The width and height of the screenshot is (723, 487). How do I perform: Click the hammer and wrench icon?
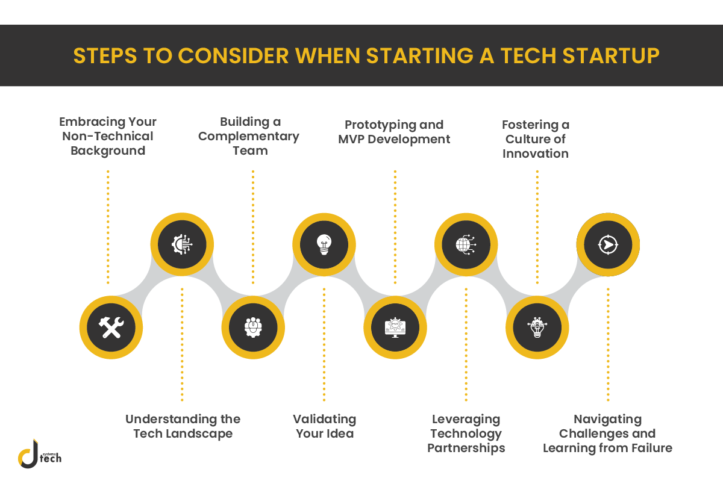(111, 327)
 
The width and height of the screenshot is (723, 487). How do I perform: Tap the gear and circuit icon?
(182, 244)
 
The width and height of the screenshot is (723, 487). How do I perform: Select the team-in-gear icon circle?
(253, 327)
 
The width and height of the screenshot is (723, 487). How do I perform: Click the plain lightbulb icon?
(324, 244)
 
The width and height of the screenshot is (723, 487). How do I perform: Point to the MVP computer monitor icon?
(395, 327)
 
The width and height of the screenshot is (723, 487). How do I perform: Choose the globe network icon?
(466, 244)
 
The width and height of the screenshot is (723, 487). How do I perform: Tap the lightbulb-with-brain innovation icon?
(537, 327)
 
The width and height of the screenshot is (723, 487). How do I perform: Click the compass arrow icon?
(608, 244)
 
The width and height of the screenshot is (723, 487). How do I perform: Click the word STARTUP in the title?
(611, 56)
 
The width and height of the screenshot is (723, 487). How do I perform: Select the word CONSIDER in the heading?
(233, 56)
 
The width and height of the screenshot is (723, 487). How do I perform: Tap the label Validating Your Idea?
(324, 426)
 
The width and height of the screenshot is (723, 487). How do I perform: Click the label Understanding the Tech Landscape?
(183, 426)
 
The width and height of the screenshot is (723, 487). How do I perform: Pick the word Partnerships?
(466, 448)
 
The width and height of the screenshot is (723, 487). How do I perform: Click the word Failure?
(652, 448)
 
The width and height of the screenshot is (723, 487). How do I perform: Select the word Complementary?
(248, 137)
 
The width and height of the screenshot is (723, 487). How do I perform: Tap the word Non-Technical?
(107, 136)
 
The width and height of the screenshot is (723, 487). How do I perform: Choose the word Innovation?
(536, 154)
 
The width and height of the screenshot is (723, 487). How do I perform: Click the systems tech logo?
(39, 453)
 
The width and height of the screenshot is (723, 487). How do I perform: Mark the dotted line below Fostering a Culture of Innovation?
(537, 227)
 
